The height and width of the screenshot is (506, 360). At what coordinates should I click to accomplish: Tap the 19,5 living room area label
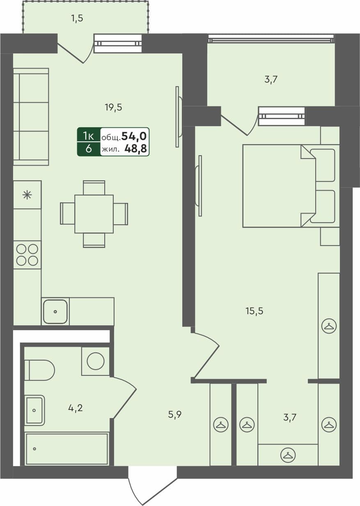tap(113, 108)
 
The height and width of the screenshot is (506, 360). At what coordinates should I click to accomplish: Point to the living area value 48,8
tap(136, 149)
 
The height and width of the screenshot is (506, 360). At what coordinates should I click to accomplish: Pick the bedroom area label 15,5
tap(254, 311)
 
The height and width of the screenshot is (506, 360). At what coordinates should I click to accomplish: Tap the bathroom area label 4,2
tap(76, 408)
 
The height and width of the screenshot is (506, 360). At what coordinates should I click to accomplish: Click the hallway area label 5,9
tap(174, 414)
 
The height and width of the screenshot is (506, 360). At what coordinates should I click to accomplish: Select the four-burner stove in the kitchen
tap(27, 255)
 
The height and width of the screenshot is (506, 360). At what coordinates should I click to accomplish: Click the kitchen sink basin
tap(55, 311)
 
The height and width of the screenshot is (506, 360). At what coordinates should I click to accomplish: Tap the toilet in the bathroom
tap(39, 370)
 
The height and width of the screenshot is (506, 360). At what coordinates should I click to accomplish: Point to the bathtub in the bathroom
tap(66, 448)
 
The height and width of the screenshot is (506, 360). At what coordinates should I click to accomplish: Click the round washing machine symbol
tap(96, 361)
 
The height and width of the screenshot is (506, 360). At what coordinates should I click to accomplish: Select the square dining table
tap(94, 214)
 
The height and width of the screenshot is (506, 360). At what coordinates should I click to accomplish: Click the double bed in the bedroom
tap(279, 186)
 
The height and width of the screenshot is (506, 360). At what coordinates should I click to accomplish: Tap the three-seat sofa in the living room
tap(31, 117)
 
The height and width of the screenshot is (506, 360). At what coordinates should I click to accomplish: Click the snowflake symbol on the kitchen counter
tap(27, 195)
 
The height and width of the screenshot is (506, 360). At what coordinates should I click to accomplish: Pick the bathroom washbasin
tap(34, 410)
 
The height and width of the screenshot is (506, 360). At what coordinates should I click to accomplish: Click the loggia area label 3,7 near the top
tap(271, 80)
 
